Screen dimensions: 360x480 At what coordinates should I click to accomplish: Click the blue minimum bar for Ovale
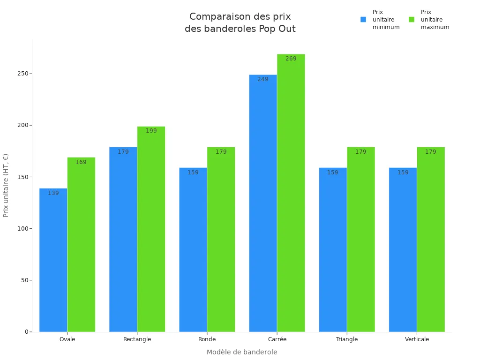pyautogui.click(x=53, y=260)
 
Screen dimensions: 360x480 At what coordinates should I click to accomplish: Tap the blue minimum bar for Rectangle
pyautogui.click(x=123, y=240)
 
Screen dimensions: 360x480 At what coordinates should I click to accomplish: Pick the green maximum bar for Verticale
pyautogui.click(x=430, y=240)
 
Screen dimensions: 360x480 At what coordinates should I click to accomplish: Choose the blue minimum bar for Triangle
pyautogui.click(x=333, y=250)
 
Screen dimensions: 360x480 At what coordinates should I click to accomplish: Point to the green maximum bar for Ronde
pyautogui.click(x=221, y=240)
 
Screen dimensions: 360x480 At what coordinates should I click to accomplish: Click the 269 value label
pyautogui.click(x=291, y=59)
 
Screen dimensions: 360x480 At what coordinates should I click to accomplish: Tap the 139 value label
pyautogui.click(x=53, y=193)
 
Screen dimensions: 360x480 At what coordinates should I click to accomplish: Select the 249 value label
pyautogui.click(x=263, y=79)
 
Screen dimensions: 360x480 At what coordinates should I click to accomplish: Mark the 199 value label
pyautogui.click(x=151, y=131)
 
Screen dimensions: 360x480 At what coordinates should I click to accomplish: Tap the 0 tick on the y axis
pyautogui.click(x=27, y=332)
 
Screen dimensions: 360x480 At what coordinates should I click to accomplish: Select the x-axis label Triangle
pyautogui.click(x=347, y=339)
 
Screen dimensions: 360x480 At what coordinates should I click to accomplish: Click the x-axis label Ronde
pyautogui.click(x=207, y=339)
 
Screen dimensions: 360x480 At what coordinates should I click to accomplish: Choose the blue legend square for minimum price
pyautogui.click(x=363, y=20)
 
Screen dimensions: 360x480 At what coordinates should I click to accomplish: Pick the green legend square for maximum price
pyautogui.click(x=412, y=20)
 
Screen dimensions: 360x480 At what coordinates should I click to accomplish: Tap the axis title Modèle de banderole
pyautogui.click(x=242, y=352)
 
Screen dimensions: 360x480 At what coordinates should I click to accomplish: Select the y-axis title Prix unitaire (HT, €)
pyautogui.click(x=6, y=185)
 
